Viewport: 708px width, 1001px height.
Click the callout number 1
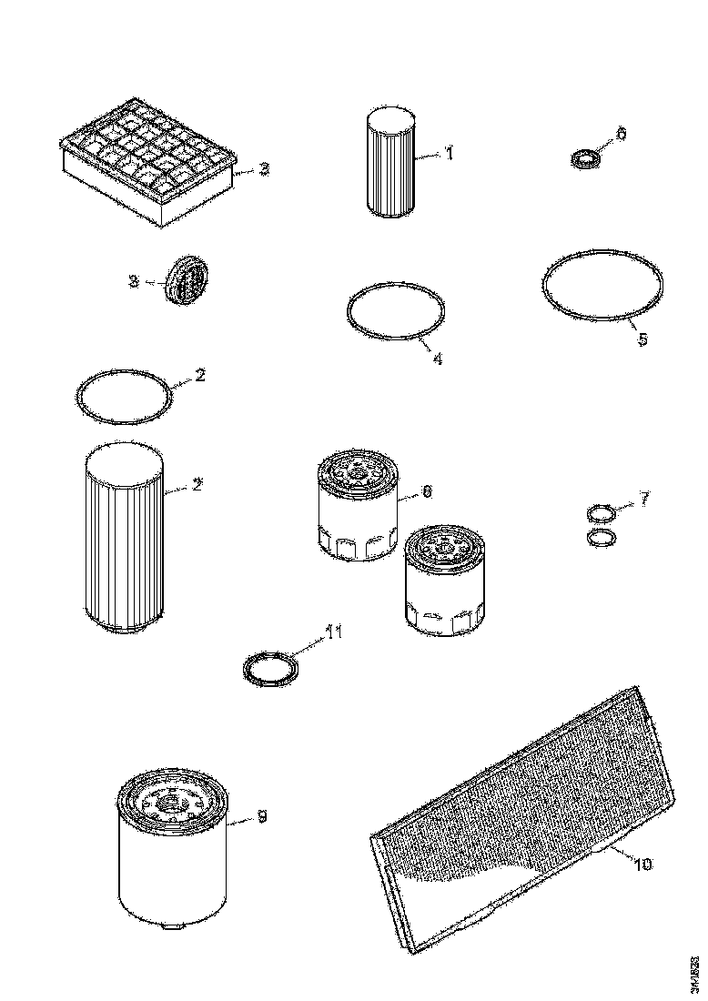tap(449, 154)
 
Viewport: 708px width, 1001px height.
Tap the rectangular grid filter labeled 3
tap(151, 164)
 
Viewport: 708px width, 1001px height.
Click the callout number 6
tap(622, 134)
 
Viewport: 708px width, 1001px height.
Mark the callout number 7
tap(644, 499)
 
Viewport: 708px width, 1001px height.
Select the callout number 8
tap(426, 492)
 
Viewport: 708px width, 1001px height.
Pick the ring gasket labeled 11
tap(271, 669)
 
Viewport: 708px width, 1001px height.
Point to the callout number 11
tap(335, 632)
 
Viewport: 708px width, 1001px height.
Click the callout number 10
tap(642, 864)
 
